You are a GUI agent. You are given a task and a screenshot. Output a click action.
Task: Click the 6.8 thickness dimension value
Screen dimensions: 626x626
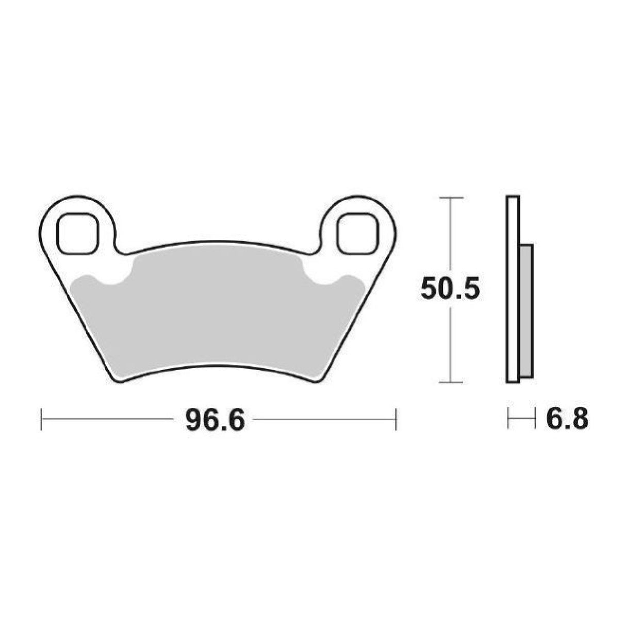click(567, 421)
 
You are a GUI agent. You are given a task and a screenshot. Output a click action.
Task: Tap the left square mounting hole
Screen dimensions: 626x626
click(77, 234)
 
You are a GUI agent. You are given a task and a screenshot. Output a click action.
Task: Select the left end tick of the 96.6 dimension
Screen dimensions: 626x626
click(41, 419)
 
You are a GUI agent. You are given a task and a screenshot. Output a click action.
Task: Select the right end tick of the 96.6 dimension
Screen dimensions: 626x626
click(396, 419)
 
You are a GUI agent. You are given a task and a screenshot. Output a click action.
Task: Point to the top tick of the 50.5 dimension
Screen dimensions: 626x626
click(452, 197)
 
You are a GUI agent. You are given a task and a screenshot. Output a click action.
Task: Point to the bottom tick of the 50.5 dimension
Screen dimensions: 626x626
click(452, 383)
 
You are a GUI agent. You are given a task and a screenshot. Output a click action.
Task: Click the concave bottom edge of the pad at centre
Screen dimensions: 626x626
click(217, 367)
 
